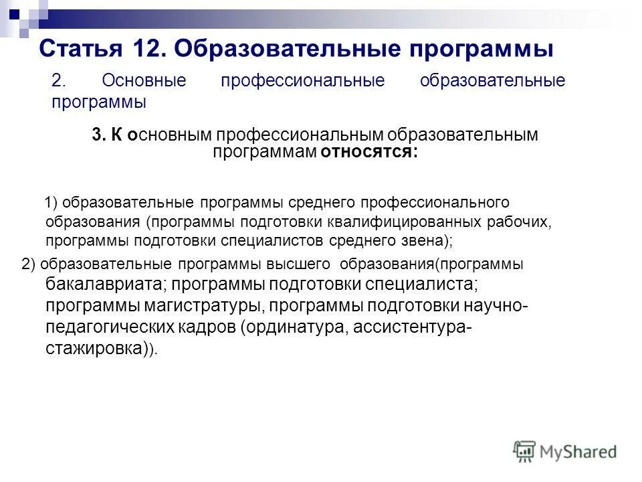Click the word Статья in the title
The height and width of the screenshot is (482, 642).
(x=80, y=49)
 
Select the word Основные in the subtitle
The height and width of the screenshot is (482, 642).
(x=143, y=81)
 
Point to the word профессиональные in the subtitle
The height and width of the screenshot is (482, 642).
(x=303, y=81)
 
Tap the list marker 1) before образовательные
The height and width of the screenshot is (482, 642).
(x=52, y=202)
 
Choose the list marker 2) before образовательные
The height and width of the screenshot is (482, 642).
(x=29, y=264)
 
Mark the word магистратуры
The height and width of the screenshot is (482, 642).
(x=198, y=306)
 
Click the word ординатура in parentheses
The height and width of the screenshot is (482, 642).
(x=295, y=328)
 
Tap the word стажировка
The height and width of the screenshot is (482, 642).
(x=94, y=349)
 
